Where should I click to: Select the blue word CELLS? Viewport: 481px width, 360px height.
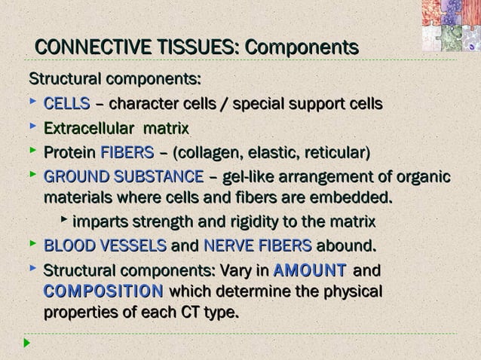pyautogui.click(x=67, y=104)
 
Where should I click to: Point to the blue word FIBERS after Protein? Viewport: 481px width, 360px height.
pyautogui.click(x=127, y=153)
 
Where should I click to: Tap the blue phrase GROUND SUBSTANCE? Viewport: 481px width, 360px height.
pyautogui.click(x=124, y=178)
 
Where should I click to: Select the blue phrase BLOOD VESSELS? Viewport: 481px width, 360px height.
pyautogui.click(x=106, y=246)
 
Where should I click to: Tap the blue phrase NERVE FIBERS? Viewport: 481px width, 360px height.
pyautogui.click(x=257, y=246)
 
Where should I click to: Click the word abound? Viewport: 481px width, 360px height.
pyautogui.click(x=346, y=246)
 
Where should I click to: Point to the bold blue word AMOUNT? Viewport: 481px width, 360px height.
pyautogui.click(x=311, y=270)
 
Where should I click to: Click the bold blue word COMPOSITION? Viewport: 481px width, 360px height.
pyautogui.click(x=103, y=291)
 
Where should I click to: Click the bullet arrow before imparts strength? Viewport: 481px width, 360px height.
pyautogui.click(x=64, y=221)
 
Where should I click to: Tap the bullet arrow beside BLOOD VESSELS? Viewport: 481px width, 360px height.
pyautogui.click(x=32, y=244)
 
